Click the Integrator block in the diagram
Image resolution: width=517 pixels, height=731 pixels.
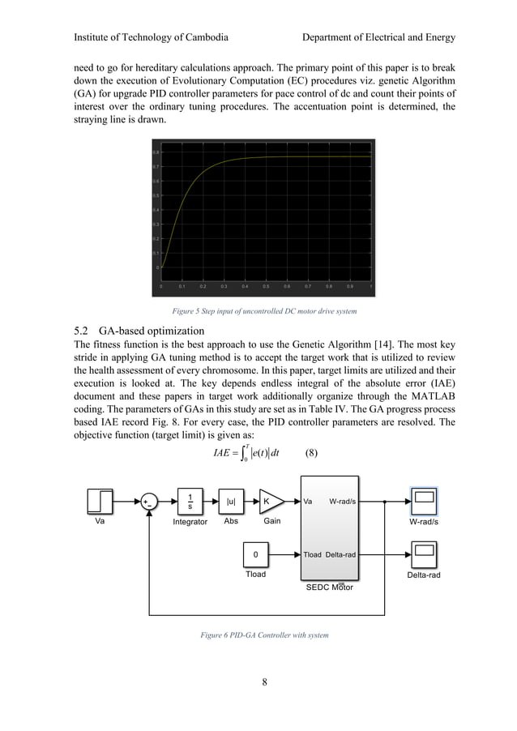pos(190,502)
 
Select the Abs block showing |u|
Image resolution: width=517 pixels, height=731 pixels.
pos(231,502)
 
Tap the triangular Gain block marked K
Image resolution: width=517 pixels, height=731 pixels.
pos(270,502)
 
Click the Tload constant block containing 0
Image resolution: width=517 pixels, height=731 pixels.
pos(256,555)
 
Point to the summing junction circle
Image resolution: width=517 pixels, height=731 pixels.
pos(150,502)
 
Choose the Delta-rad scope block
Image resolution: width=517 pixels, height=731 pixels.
pos(425,555)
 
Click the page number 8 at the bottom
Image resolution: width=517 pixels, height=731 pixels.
pos(264,681)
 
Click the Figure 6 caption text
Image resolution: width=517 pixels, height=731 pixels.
pos(264,635)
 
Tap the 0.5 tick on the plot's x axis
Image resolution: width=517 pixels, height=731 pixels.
pos(266,286)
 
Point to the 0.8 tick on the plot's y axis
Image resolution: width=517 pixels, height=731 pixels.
pos(156,152)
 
